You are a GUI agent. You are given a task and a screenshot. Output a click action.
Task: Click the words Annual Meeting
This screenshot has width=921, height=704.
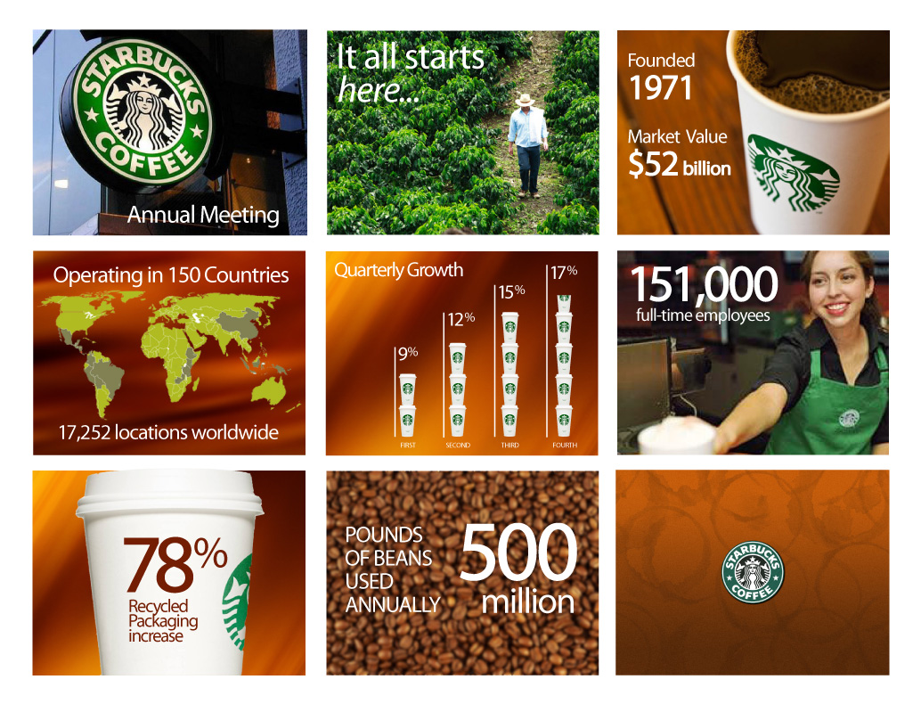(x=203, y=215)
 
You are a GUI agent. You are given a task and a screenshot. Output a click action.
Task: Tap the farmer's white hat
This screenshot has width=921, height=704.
(x=525, y=101)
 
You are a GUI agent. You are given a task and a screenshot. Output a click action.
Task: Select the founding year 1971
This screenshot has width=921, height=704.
(x=660, y=88)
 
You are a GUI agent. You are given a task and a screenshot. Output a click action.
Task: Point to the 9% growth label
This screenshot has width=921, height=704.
(x=408, y=353)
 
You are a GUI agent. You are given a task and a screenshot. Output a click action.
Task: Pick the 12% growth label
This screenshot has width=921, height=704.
(x=461, y=318)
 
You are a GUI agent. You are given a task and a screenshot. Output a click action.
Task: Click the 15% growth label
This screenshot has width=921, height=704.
(x=511, y=291)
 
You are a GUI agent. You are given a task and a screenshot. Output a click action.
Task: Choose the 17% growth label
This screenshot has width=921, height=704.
(x=564, y=272)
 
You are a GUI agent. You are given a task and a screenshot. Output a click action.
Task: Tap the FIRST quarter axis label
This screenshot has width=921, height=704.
(x=408, y=446)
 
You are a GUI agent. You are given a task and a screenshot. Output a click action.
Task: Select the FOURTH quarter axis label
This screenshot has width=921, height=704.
(x=565, y=446)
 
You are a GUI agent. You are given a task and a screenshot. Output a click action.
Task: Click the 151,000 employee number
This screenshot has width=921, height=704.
(x=705, y=285)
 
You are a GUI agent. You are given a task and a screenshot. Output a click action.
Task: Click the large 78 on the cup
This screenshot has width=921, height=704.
(x=158, y=565)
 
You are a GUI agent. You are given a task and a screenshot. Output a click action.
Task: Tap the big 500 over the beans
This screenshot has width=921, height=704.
(x=518, y=553)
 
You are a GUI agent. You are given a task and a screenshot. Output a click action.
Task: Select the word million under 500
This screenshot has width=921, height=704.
(x=528, y=602)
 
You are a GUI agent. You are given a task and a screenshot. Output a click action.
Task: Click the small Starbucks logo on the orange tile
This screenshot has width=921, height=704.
(x=753, y=572)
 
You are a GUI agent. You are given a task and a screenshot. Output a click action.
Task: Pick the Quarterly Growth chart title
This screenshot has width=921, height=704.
(x=399, y=270)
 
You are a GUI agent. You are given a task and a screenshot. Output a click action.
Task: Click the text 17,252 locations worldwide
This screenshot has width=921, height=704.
(x=168, y=432)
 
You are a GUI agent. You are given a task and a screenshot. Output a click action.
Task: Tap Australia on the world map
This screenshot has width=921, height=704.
(x=269, y=390)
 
